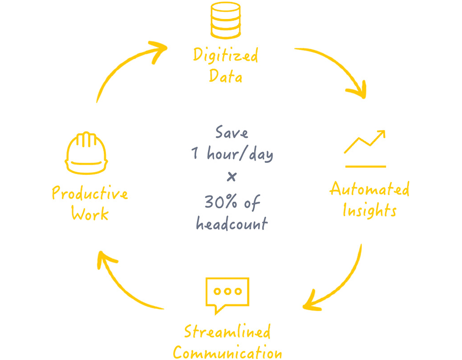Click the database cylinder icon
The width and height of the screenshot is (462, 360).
[226, 20]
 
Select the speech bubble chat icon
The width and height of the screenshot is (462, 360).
[227, 294]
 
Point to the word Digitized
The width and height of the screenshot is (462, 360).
[225, 55]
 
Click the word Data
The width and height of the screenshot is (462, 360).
[225, 76]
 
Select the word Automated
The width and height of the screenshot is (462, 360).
[369, 189]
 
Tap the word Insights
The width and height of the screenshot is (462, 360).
[369, 210]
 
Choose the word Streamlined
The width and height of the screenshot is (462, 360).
[227, 332]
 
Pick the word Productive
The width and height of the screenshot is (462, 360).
[90, 193]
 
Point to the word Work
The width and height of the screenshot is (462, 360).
[90, 214]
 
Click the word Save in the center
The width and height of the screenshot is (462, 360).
[232, 133]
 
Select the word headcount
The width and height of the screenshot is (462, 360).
[232, 223]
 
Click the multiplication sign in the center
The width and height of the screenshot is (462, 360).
[232, 177]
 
